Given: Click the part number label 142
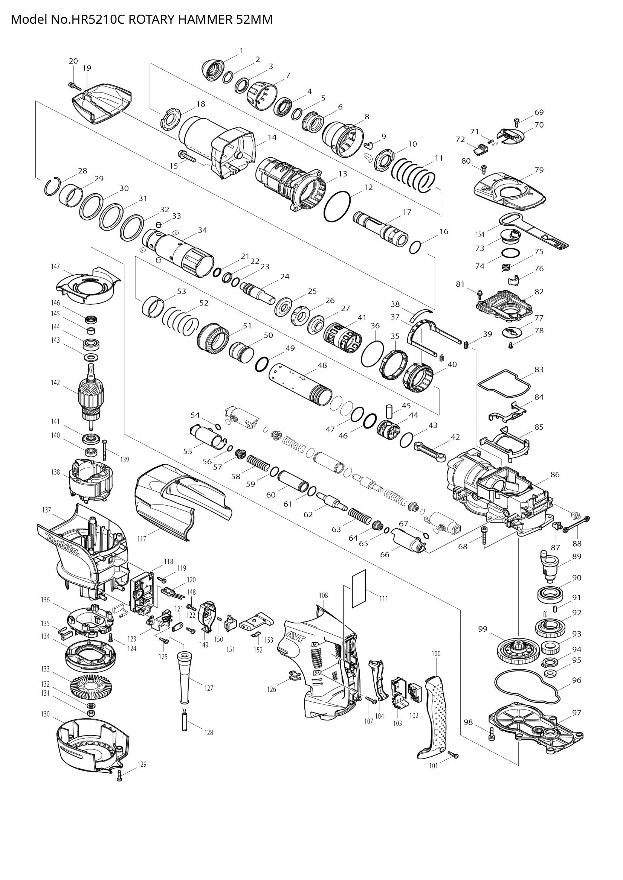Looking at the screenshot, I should [56, 383].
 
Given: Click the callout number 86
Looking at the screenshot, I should [555, 474].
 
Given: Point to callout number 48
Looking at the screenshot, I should [322, 365].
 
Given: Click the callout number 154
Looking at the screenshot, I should [479, 234].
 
